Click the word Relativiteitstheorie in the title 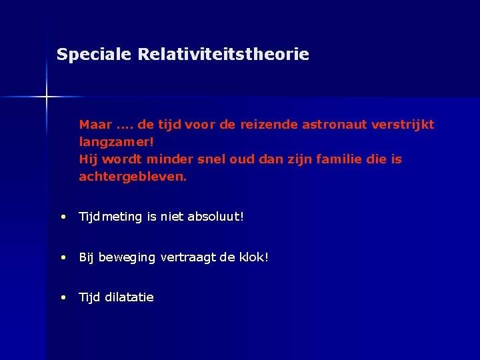(223, 55)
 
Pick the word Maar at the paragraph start (95, 125)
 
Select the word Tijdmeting (111, 217)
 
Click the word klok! (252, 257)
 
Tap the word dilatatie (129, 297)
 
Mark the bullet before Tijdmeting (62, 217)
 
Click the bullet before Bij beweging (62, 257)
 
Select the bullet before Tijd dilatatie (62, 297)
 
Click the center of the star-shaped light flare (47, 97)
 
